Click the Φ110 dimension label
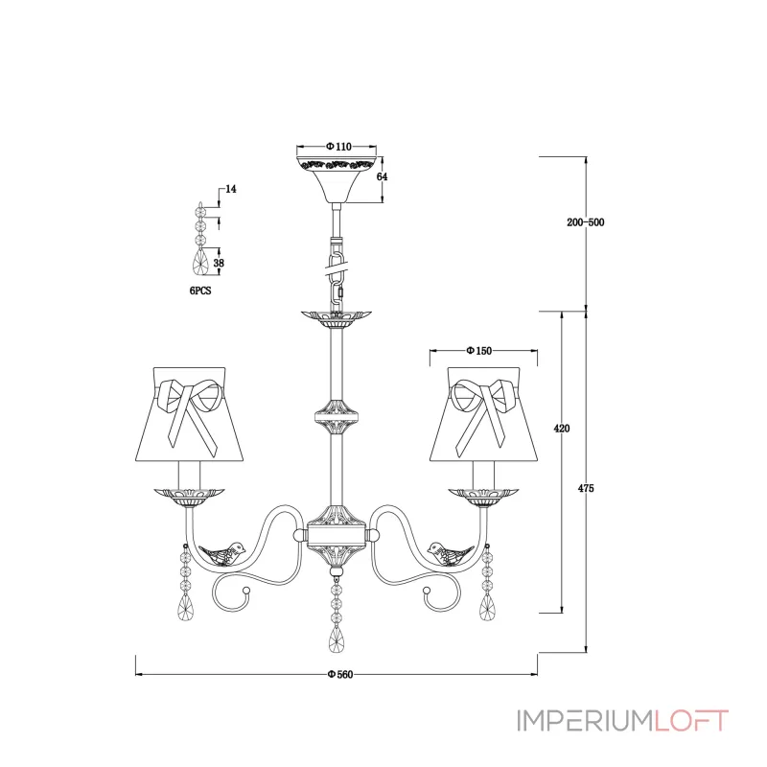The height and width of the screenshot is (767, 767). (338, 147)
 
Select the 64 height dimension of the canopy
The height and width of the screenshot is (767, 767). (382, 176)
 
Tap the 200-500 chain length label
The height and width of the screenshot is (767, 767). (586, 222)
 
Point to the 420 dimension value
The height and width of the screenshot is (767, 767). (562, 429)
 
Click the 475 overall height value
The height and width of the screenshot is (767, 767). (586, 488)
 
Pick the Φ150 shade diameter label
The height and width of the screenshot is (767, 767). (478, 351)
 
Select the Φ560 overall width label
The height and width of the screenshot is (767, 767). (340, 675)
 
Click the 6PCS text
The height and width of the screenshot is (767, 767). (200, 291)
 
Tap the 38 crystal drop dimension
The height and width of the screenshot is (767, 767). (219, 263)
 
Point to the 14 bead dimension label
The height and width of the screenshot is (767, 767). (231, 189)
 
